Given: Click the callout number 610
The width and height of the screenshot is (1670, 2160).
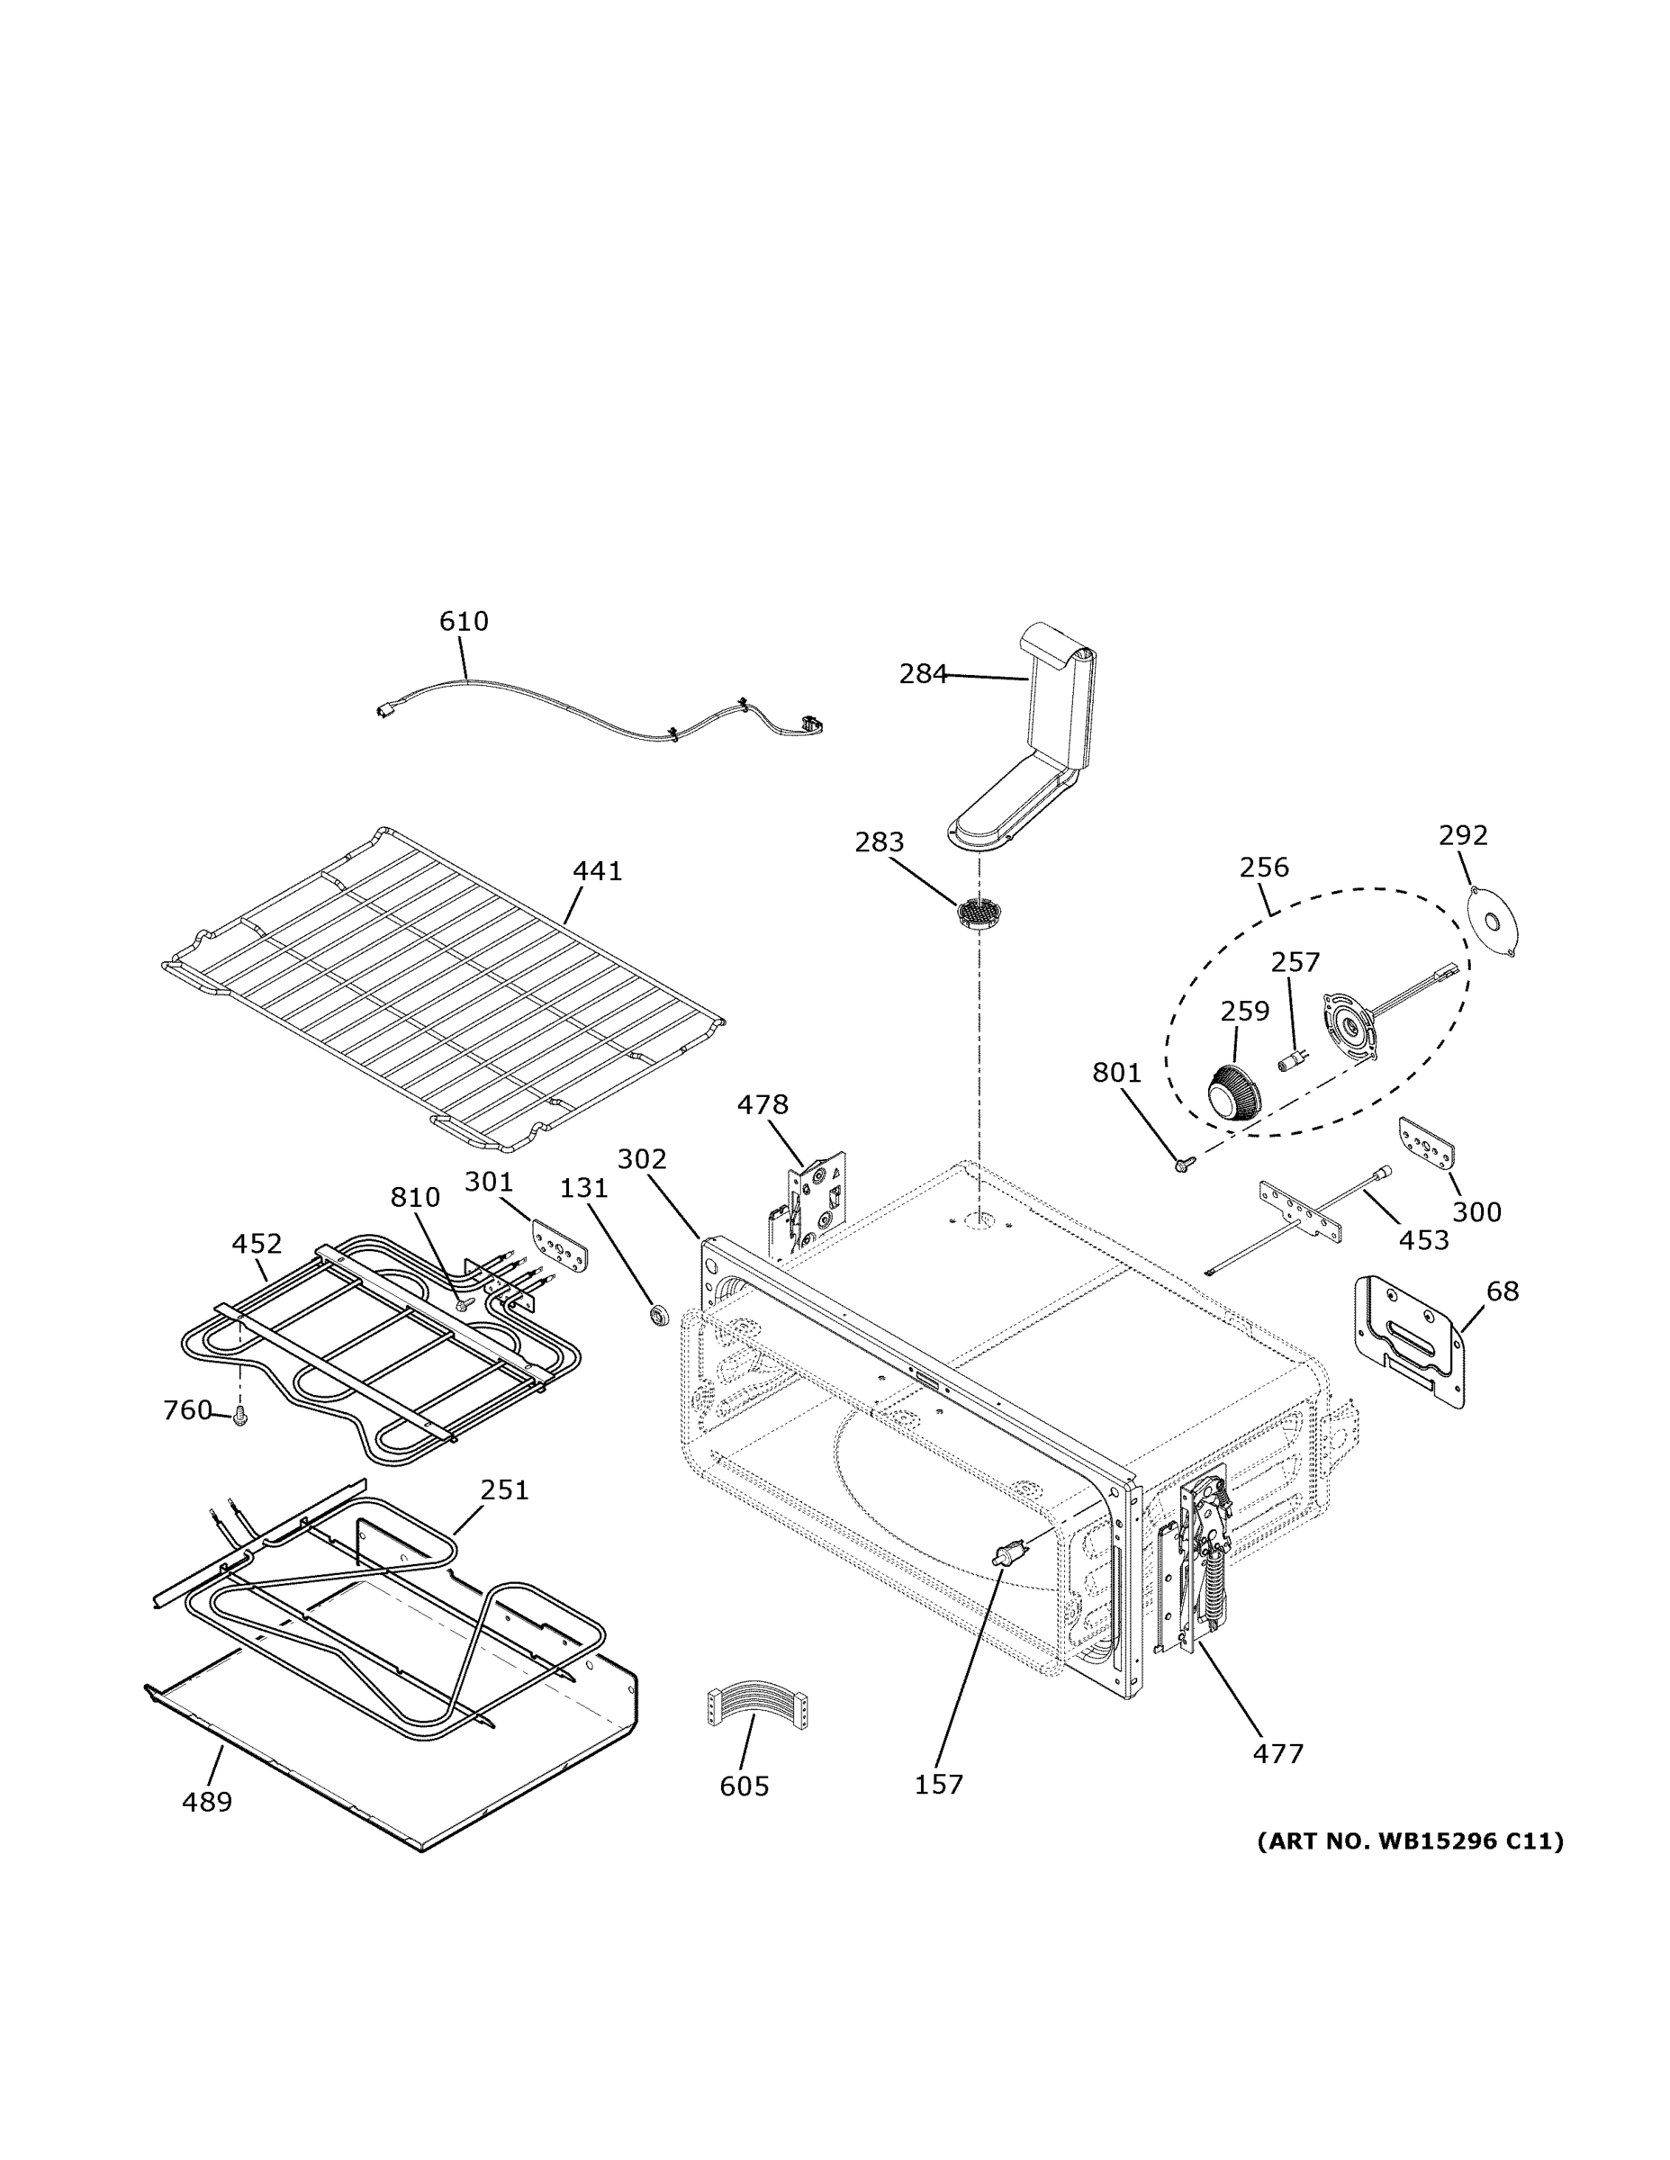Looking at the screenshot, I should click(x=463, y=621).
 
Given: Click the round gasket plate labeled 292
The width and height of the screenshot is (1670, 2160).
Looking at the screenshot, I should click(x=1494, y=921).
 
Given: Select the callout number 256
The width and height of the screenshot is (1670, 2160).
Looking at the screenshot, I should click(x=1263, y=868).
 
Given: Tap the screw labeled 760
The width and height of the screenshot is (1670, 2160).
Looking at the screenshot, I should click(x=239, y=1418).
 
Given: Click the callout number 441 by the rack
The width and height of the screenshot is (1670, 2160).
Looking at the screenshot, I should click(x=598, y=871).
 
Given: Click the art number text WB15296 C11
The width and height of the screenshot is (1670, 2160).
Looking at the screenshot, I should click(x=1411, y=1841).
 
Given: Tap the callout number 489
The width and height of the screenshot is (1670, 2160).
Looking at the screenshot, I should click(x=207, y=1802).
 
